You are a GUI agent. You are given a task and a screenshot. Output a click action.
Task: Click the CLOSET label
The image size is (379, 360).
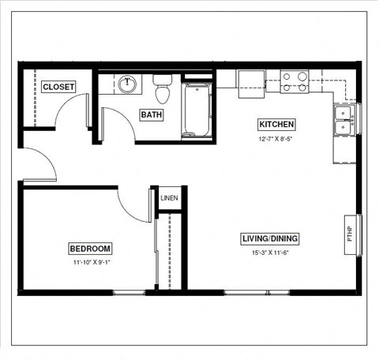(58, 87)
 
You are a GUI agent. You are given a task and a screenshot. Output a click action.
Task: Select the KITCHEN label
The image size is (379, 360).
(276, 125)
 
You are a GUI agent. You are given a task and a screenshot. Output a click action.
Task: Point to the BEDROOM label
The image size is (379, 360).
(90, 247)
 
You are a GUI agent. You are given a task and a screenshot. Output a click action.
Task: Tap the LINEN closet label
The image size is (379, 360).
(169, 198)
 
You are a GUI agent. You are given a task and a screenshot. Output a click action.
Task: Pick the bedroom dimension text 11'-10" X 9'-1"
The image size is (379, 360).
(90, 261)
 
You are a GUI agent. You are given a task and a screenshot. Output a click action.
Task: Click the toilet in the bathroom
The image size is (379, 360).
(163, 89)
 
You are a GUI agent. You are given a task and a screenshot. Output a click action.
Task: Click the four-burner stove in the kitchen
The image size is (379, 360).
(295, 82)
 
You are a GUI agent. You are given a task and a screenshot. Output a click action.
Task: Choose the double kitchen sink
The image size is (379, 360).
(344, 120)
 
